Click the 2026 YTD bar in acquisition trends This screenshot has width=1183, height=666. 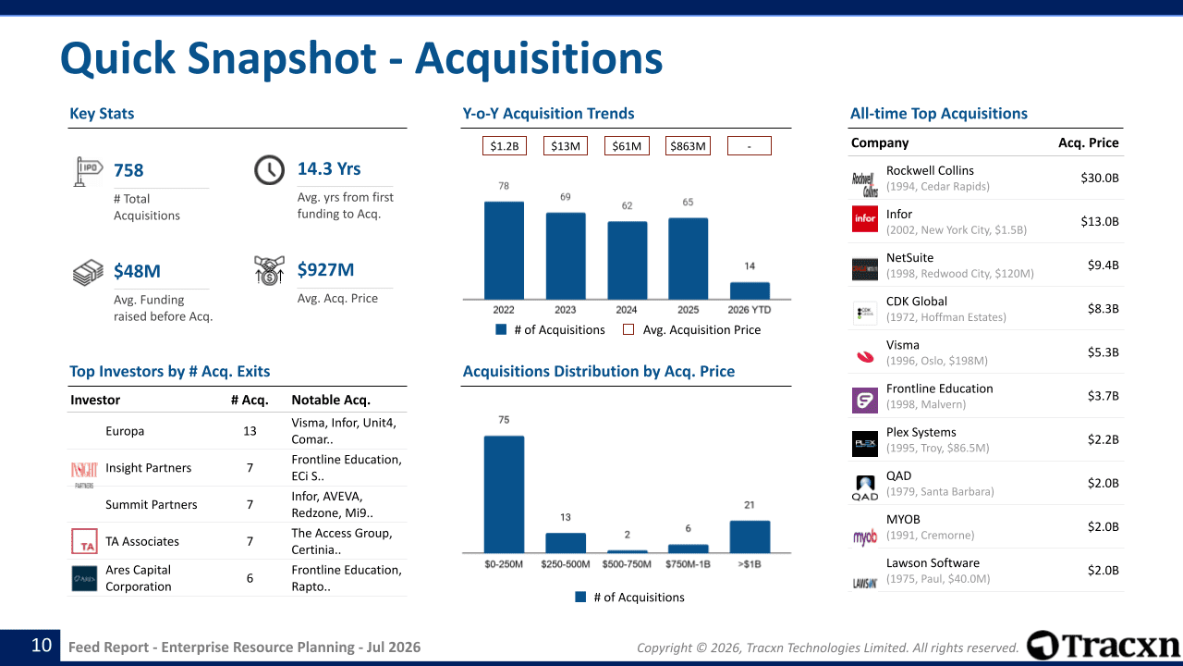750,290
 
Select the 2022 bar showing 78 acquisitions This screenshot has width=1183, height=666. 504,251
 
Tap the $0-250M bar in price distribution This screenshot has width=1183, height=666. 504,494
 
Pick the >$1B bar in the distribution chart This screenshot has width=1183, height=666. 750,536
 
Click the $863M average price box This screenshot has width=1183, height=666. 688,146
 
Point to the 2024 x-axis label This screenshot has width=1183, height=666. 627,310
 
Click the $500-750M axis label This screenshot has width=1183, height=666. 627,564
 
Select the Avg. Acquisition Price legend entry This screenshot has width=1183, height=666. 692,330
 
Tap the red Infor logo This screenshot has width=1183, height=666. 864,219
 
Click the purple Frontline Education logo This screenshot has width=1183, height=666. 864,401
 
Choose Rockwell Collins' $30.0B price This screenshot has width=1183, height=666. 1100,179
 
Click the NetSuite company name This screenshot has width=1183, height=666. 909,258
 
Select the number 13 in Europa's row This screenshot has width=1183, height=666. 250,431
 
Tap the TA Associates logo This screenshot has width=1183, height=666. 84,541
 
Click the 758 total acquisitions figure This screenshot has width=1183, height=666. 128,170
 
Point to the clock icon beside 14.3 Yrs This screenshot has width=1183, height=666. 269,169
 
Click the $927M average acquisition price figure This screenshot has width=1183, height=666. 325,269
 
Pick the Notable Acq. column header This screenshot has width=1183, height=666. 331,401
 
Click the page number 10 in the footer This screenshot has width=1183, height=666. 42,646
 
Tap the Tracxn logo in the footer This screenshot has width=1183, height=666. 1104,646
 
